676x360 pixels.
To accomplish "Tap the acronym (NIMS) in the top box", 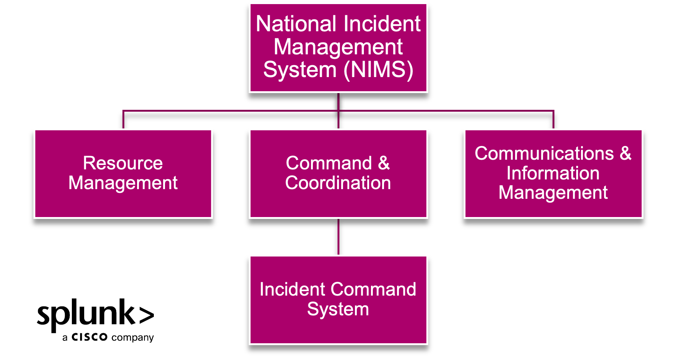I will tap(378, 70).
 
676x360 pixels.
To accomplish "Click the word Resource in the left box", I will tap(123, 163).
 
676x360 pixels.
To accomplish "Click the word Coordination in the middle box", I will tap(338, 183).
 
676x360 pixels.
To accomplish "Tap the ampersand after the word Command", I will tap(384, 163).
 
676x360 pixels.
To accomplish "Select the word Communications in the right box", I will tap(544, 153).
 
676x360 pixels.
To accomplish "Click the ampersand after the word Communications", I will tap(625, 153).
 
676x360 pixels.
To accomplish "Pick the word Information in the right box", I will tap(553, 173).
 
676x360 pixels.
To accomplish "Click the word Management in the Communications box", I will tap(553, 193).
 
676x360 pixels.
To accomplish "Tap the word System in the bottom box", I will tap(338, 309).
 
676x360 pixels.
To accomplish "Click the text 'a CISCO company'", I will tap(108, 337).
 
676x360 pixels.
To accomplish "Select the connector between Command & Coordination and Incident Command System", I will tap(338, 237).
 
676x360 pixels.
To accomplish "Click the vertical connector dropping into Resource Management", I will tap(123, 120).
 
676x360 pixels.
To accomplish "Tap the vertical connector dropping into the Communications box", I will tap(553, 120).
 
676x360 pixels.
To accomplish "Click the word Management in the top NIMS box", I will tap(338, 47).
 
